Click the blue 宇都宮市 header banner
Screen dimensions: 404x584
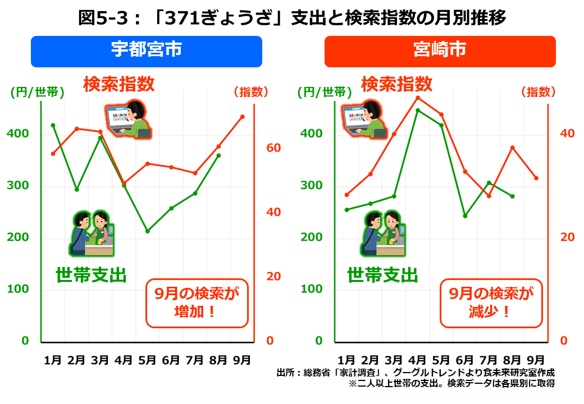pos(146,51)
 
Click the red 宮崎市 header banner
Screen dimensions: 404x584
pos(440,51)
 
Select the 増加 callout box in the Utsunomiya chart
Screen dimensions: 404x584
pos(197,303)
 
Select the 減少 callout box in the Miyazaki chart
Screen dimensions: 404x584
pos(491,303)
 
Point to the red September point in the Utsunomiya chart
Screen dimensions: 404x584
pos(242,117)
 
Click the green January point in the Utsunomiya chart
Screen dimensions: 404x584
pos(53,125)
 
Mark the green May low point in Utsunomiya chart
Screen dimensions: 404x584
pos(148,231)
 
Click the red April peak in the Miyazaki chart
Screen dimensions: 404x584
pos(418,98)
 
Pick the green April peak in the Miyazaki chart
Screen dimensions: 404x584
pos(418,111)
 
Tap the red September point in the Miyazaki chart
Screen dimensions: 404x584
pos(536,178)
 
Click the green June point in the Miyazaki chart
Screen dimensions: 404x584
pos(465,215)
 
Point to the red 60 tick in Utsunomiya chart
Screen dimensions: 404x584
pos(273,148)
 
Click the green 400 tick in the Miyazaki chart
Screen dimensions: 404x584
pos(312,134)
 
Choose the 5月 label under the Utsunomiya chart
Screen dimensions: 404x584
pos(148,360)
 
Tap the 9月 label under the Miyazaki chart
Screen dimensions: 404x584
pos(536,360)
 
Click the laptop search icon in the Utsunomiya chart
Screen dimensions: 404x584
pos(129,119)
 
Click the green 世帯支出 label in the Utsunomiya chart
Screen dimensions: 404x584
pos(91,275)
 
